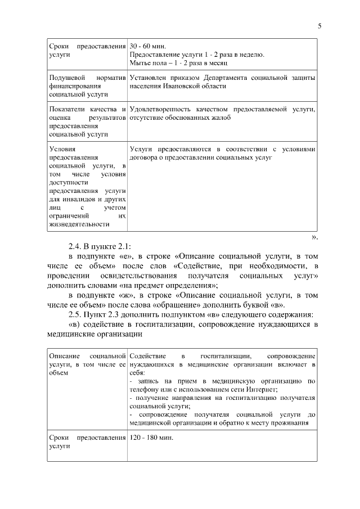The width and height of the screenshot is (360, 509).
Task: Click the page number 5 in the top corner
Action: tap(319, 25)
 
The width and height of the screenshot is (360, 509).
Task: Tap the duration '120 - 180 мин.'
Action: tap(151, 437)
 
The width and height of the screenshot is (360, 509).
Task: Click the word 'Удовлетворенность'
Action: tap(159, 109)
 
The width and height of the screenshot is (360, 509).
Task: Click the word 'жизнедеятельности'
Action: tap(79, 224)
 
